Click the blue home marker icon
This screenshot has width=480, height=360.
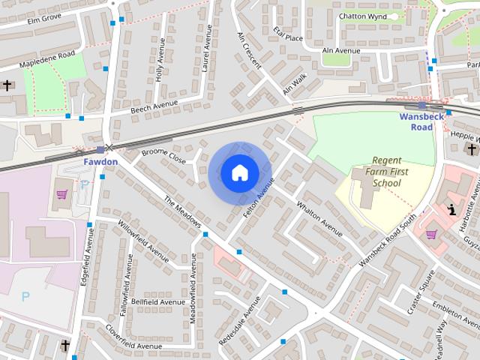[x=239, y=172]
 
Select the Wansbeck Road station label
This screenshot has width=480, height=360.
[x=421, y=121]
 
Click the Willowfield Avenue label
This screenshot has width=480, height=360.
[x=143, y=241]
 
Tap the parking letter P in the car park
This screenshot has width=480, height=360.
[x=25, y=297]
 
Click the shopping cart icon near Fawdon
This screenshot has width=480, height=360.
[x=61, y=194]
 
